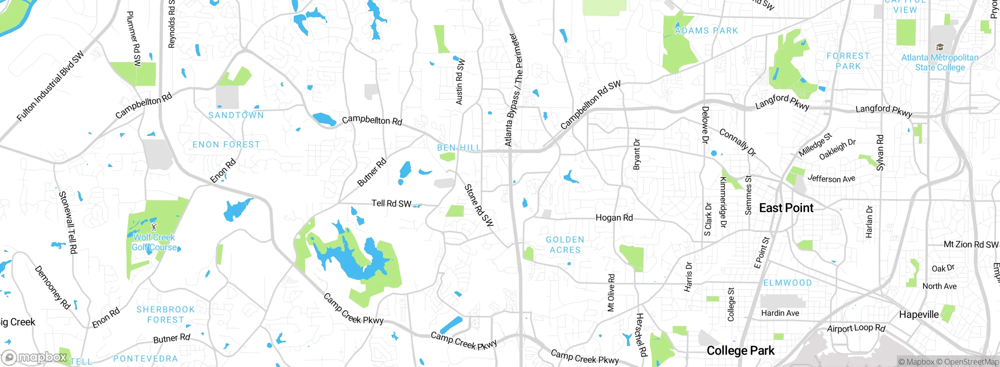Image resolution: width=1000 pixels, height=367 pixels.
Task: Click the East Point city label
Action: tap(786, 208)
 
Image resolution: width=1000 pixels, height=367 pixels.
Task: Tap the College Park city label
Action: tap(740, 351)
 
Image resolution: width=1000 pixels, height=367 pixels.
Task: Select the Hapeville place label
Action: tap(919, 315)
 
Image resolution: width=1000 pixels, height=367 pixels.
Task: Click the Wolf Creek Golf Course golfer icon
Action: tap(154, 226)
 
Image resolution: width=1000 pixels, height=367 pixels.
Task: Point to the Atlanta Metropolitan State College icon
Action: tap(940, 47)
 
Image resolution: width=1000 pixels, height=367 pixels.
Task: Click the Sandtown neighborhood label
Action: tap(236, 115)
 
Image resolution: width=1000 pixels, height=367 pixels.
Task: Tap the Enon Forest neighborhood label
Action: tap(226, 144)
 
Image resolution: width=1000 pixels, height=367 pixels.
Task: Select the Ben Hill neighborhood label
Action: tap(459, 148)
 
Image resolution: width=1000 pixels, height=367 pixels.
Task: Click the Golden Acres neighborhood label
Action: tap(565, 245)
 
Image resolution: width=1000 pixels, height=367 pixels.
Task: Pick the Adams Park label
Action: tap(706, 30)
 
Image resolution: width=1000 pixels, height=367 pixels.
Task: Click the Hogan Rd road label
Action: tap(614, 218)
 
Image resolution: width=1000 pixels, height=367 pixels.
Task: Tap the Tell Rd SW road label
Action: tap(391, 203)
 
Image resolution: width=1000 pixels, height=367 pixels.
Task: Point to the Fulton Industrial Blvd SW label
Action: tap(50, 86)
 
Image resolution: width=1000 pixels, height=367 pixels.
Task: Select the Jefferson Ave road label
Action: tap(831, 179)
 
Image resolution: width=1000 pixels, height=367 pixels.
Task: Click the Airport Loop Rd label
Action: tap(856, 328)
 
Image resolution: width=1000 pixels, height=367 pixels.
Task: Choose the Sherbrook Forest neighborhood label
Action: tap(166, 315)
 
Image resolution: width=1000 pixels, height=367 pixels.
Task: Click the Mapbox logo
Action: tap(34, 357)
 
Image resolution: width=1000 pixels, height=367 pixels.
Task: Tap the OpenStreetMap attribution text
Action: tap(971, 362)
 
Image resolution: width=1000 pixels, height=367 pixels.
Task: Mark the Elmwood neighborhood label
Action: tap(787, 283)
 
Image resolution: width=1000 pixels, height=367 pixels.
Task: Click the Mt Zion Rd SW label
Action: tap(971, 245)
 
